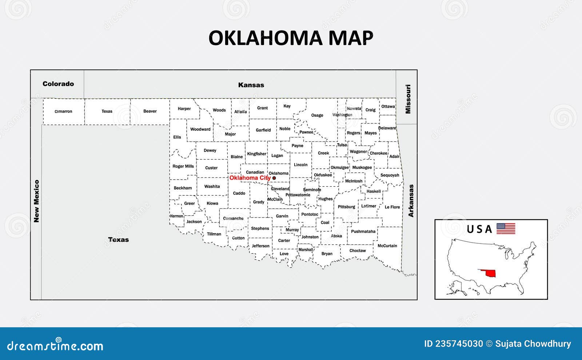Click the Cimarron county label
tap(63, 111)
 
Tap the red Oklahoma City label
tap(250, 178)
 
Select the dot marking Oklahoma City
tap(274, 178)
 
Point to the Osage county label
tap(317, 115)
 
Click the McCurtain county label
tap(387, 246)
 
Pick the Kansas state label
tap(251, 85)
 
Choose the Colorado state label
tap(58, 84)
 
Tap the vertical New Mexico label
tap(36, 201)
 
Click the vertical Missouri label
tap(408, 99)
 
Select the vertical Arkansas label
tap(411, 201)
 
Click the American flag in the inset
tap(506, 228)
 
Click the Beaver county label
tap(150, 111)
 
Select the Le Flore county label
tap(392, 207)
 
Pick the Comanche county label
tap(233, 219)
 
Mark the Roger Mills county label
tap(183, 166)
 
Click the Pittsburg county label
tap(346, 207)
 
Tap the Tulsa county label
tap(342, 145)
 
